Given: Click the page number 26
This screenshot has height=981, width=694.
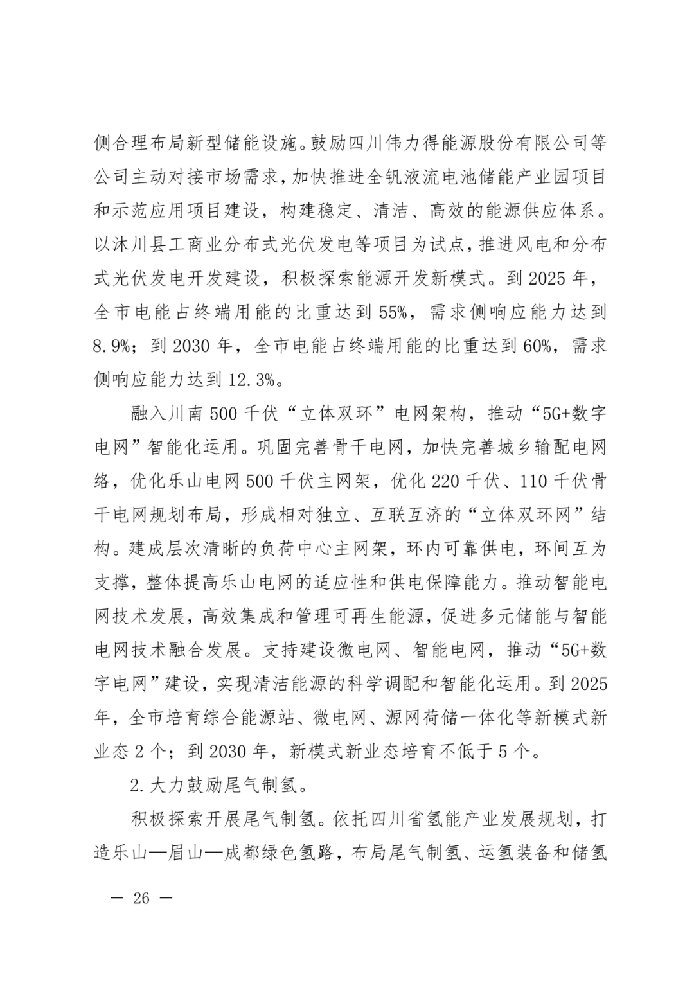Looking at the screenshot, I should coord(141,897).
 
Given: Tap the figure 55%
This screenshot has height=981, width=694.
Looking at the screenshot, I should coord(393,313).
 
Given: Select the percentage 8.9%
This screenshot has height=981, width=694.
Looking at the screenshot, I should coord(112,346).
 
